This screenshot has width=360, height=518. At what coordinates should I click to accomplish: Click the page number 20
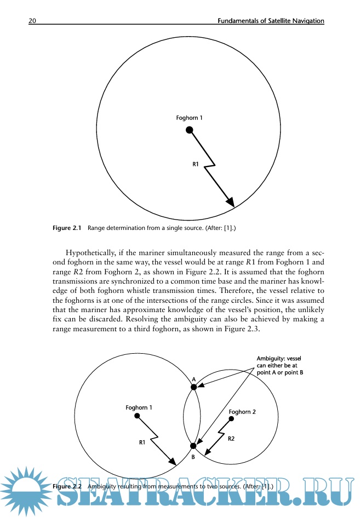coord(32,21)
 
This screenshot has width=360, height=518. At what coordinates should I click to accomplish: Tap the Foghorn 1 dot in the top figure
coord(189,130)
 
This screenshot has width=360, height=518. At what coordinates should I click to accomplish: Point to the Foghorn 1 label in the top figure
coord(189,118)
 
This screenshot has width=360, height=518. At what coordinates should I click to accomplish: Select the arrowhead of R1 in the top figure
coord(231,203)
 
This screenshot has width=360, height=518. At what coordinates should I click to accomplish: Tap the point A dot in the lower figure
coord(193,387)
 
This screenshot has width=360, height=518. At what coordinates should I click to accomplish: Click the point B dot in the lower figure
coord(193,446)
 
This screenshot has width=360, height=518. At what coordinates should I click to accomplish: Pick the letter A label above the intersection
coord(193,379)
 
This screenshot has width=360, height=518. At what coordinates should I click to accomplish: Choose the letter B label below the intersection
coord(193,456)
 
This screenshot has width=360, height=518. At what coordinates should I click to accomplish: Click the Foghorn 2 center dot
coord(232,420)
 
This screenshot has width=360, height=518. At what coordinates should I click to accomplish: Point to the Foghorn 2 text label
coord(242,411)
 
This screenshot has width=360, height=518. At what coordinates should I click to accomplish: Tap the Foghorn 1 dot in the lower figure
coord(137,416)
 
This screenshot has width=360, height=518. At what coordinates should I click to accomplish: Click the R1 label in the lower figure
coord(142,441)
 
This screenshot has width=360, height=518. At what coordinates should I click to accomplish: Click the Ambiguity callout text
coord(280,365)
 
